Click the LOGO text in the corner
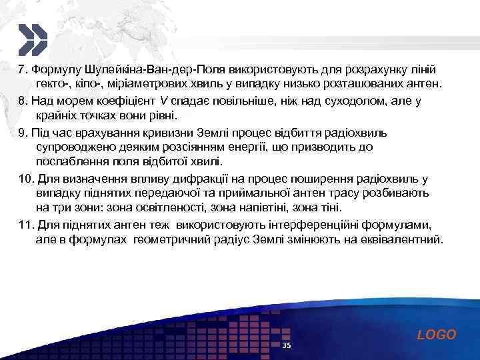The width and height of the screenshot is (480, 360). pos(437,335)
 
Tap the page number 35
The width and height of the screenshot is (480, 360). pos(287,345)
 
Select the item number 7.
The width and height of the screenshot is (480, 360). pos(22,69)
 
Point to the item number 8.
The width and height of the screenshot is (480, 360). pos(22,101)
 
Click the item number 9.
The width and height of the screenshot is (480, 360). pos(22,131)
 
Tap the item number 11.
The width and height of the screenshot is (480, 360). pos(25,223)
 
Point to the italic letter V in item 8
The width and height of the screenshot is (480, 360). pos(163,101)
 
